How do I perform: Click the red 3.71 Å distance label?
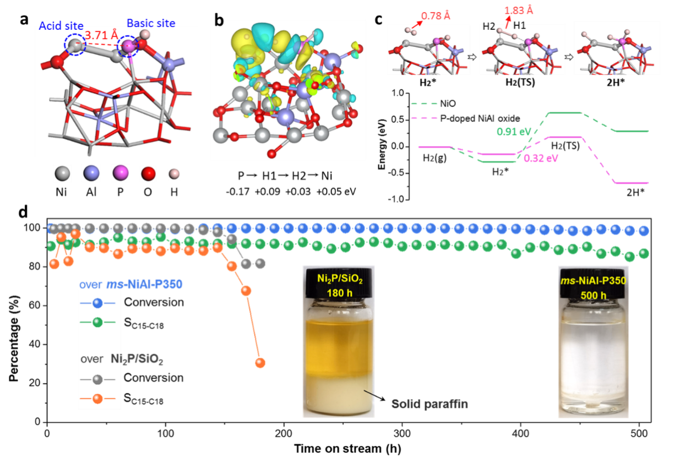[101, 36]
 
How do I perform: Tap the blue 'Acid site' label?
[61, 26]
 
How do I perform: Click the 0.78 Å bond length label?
[436, 16]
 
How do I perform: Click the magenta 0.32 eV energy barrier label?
[541, 159]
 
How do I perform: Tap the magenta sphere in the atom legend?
[121, 173]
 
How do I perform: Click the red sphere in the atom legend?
[148, 173]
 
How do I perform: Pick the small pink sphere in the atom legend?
[174, 174]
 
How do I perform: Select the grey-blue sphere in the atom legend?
[91, 173]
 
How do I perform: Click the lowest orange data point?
[260, 363]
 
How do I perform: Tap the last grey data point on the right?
[260, 263]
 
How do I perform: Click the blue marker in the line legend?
[98, 303]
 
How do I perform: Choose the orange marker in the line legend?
[98, 397]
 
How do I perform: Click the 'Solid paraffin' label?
[430, 404]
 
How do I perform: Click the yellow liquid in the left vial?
[339, 347]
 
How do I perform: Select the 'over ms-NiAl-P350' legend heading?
[131, 285]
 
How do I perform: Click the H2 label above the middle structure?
[489, 26]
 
